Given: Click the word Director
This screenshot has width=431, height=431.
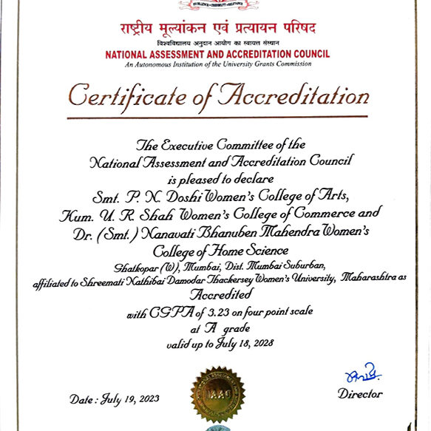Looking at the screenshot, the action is [x=360, y=394].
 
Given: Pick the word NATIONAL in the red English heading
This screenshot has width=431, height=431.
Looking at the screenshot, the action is [x=128, y=55].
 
